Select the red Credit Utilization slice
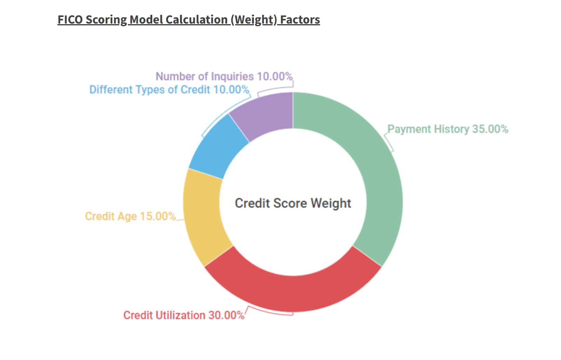[x=293, y=294]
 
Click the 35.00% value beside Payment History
[x=490, y=129]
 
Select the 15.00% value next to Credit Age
[x=158, y=216]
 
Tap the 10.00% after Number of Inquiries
[x=275, y=76]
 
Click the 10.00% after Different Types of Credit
[x=231, y=90]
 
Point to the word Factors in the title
[x=300, y=20]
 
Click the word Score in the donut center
[x=290, y=203]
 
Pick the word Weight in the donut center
[x=331, y=204]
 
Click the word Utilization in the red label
[x=180, y=315]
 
